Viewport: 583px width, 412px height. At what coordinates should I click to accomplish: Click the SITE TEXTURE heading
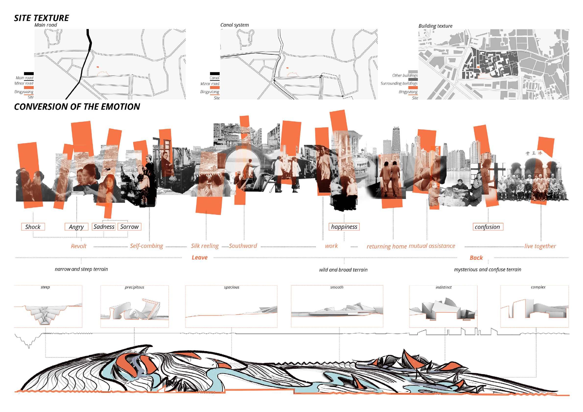[x=41, y=18]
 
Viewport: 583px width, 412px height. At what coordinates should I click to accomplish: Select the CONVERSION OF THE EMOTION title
[x=77, y=107]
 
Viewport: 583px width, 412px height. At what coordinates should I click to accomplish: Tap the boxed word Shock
[x=33, y=227]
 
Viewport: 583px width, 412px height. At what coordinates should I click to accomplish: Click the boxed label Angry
[x=76, y=227]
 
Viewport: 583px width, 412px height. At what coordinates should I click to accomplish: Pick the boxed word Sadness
[x=104, y=227]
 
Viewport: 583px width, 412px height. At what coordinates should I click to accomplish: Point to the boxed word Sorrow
[x=129, y=227]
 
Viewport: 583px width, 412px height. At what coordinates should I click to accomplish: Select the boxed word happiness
[x=344, y=227]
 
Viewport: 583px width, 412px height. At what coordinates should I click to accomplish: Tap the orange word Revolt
[x=79, y=246]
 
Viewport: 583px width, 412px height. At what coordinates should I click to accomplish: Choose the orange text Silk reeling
[x=205, y=246]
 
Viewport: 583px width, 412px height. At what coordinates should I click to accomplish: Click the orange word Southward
[x=243, y=246]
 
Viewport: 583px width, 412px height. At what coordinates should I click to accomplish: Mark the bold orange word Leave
[x=199, y=257]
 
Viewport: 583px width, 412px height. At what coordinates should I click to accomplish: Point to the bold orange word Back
[x=476, y=258]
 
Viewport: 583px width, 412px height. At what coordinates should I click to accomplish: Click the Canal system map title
[x=234, y=25]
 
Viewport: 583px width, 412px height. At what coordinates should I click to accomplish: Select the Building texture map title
[x=435, y=26]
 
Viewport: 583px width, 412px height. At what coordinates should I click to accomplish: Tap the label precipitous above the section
[x=134, y=287]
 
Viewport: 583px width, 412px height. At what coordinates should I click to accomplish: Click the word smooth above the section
[x=337, y=287]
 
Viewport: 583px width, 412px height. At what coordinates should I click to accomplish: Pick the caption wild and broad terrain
[x=343, y=270]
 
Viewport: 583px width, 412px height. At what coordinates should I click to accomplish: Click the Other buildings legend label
[x=405, y=75]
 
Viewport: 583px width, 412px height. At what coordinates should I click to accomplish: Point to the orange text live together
[x=540, y=246]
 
